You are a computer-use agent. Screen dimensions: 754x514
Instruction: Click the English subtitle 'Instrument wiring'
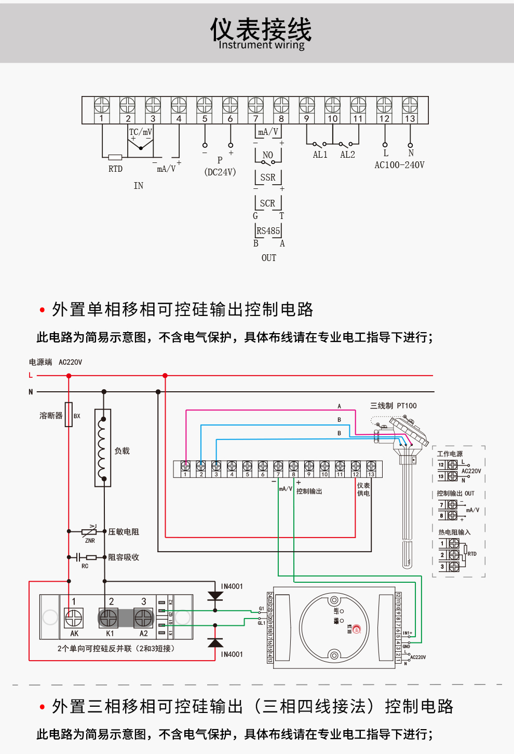click(262, 45)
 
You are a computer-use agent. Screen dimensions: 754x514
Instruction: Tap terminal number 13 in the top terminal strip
click(410, 118)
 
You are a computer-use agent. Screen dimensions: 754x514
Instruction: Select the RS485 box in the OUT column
click(268, 231)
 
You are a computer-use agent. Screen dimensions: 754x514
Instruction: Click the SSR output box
click(268, 177)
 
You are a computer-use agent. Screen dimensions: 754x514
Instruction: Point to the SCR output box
click(268, 203)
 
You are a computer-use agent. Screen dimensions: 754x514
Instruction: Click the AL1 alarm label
click(320, 155)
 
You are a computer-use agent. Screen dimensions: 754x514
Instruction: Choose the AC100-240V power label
click(399, 165)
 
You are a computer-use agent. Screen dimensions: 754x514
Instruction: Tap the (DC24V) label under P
click(220, 172)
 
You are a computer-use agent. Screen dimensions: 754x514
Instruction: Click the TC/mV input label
click(141, 132)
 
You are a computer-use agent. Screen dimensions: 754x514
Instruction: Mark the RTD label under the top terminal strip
click(115, 169)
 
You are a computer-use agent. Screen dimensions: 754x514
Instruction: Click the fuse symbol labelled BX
click(69, 415)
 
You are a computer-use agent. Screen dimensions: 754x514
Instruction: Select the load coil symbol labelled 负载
click(103, 448)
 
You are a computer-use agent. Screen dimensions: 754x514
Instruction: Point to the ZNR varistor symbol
click(89, 531)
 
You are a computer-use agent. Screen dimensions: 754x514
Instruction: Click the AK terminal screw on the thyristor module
click(73, 618)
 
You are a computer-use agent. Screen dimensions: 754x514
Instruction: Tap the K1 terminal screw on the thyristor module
click(109, 618)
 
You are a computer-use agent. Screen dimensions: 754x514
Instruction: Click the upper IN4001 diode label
click(232, 586)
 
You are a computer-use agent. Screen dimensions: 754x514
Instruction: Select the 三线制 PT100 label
click(393, 406)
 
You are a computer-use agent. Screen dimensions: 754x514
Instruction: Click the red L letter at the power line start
click(31, 375)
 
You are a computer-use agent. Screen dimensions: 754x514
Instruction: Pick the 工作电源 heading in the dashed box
click(450, 454)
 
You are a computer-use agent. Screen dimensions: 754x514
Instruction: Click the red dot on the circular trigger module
click(356, 629)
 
